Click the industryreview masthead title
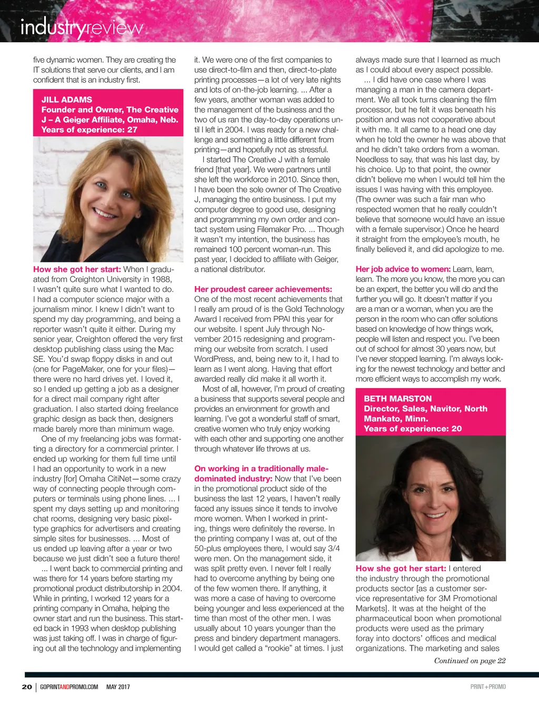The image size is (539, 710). pos(82,27)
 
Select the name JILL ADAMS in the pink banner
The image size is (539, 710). pos(67,100)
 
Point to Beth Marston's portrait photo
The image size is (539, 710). pos(430,498)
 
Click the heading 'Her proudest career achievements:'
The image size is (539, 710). pos(263,289)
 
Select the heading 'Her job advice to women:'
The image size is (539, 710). pos(403,269)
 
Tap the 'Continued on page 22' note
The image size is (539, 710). pos(470,661)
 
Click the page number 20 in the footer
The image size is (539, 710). pos(27,687)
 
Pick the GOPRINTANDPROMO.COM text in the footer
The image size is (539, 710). pos(69,687)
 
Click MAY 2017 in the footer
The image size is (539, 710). pos(118,687)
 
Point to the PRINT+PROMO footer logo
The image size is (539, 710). pos(487,687)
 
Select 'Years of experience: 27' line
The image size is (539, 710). pos(89,130)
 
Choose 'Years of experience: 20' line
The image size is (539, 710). pos(413,429)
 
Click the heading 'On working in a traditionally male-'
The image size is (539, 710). pos(261,469)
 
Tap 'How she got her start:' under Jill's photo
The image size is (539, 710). pos(77,269)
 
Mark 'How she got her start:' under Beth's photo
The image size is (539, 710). pos(401,569)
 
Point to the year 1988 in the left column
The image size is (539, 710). pos(161,279)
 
